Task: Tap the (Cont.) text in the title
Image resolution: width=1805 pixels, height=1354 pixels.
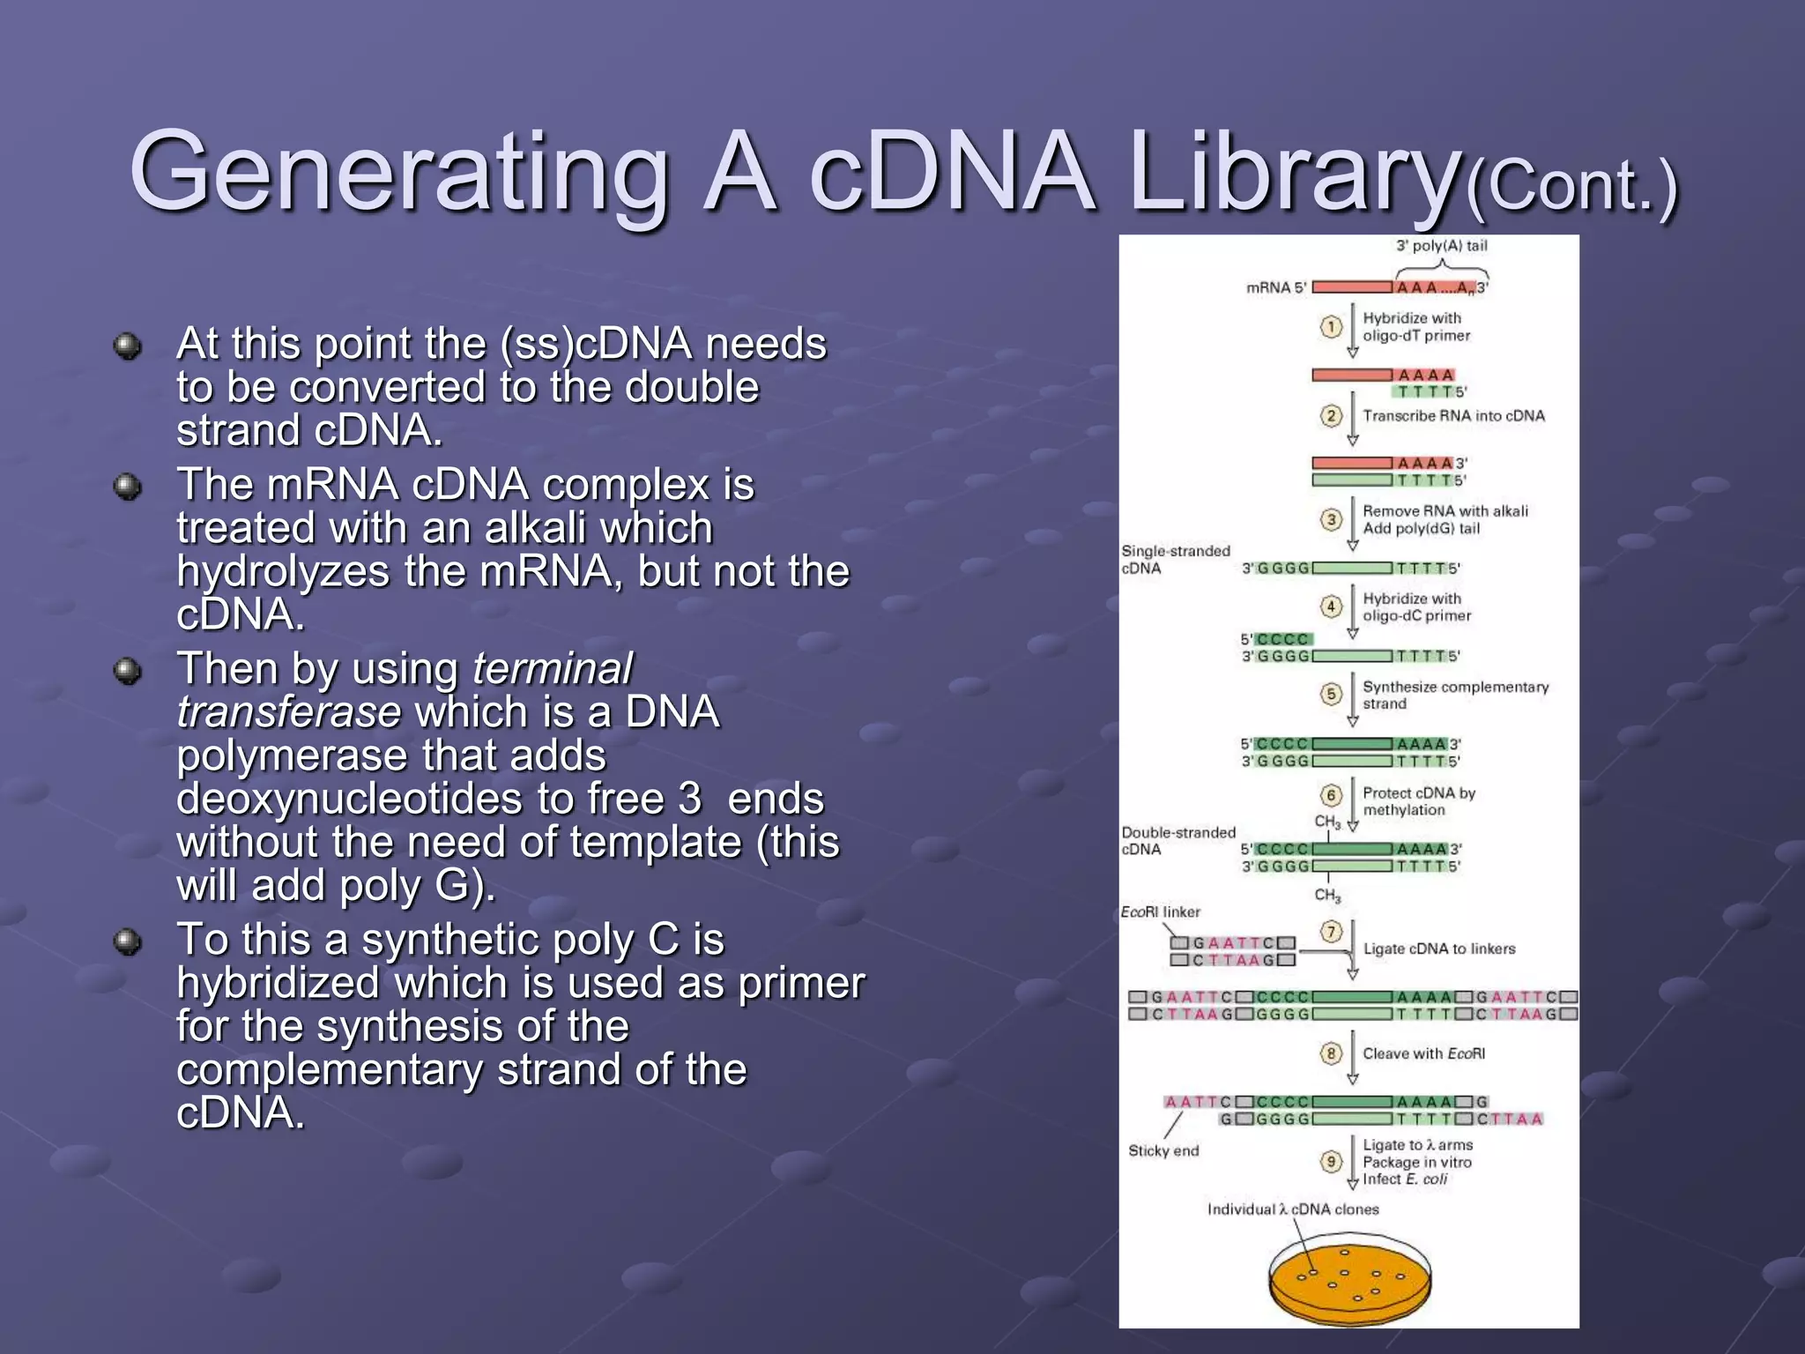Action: (x=1571, y=187)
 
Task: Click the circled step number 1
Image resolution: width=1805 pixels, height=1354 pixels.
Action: (x=1331, y=327)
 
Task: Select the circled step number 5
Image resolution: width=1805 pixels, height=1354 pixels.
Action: (x=1331, y=695)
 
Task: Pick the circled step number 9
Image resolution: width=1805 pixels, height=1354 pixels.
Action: (x=1331, y=1161)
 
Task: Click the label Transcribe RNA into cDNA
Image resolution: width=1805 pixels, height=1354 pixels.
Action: (x=1453, y=416)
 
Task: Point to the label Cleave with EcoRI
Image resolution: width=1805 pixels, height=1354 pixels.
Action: (x=1423, y=1053)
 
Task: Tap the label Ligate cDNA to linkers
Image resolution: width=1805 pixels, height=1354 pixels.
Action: (x=1439, y=949)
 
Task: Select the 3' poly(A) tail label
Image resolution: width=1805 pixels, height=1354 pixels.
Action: (x=1441, y=246)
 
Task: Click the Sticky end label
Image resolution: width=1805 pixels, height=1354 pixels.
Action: (x=1163, y=1150)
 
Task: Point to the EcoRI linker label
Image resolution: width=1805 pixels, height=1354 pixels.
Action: (x=1160, y=911)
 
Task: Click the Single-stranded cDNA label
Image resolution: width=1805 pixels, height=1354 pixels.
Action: (x=1175, y=560)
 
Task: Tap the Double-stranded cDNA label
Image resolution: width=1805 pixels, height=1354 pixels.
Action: (x=1177, y=841)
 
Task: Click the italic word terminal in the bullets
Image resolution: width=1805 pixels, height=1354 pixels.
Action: (x=553, y=669)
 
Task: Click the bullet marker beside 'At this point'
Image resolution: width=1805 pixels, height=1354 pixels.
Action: (x=128, y=346)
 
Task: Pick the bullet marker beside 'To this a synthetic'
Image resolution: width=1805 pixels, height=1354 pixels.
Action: (x=128, y=941)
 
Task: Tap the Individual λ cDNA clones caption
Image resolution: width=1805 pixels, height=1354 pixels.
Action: (x=1293, y=1209)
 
